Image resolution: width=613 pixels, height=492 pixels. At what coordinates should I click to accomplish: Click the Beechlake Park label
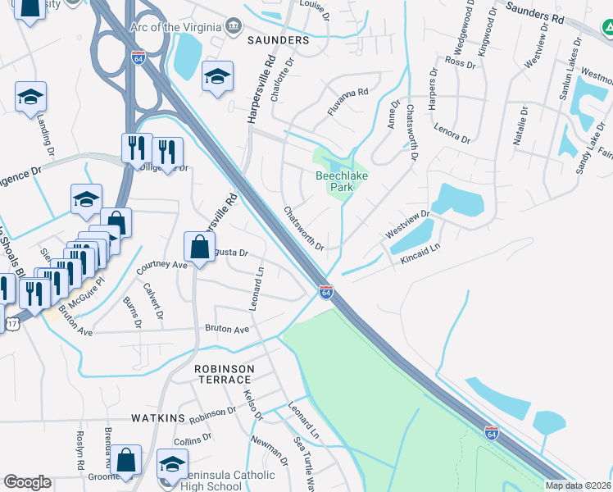tap(334, 181)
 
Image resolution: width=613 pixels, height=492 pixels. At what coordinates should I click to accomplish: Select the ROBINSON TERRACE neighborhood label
tap(222, 375)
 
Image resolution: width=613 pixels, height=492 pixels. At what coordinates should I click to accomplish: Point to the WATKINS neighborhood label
tap(158, 418)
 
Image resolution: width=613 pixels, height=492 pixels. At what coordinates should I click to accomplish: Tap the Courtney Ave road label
tap(161, 266)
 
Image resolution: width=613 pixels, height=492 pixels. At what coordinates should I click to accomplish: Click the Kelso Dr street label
tap(252, 405)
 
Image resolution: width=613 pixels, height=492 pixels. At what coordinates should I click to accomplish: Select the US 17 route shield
tap(11, 324)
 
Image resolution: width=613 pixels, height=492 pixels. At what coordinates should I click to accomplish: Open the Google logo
tap(27, 482)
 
